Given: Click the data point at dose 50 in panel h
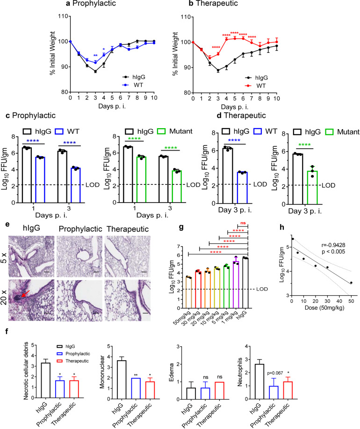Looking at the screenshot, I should [x=351, y=283].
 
